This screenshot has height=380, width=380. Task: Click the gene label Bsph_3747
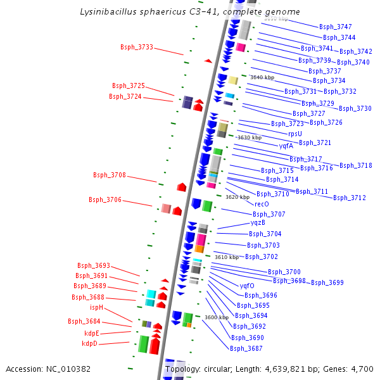pyautogui.click(x=336, y=27)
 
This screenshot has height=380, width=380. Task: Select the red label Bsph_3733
pyautogui.click(x=137, y=47)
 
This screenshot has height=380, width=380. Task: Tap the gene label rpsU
pyautogui.click(x=295, y=134)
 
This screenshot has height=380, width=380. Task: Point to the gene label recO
pyautogui.click(x=262, y=204)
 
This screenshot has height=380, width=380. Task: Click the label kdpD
pyautogui.click(x=90, y=344)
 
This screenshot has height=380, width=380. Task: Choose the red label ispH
pyautogui.click(x=96, y=308)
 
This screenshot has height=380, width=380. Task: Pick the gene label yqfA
pyautogui.click(x=286, y=146)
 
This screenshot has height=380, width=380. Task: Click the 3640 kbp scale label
pyautogui.click(x=262, y=77)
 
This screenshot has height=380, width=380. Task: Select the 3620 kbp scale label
pyautogui.click(x=237, y=197)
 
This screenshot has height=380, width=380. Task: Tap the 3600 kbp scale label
pyautogui.click(x=216, y=317)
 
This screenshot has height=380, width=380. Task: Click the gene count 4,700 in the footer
pyautogui.click(x=362, y=369)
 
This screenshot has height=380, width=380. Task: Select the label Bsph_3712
pyautogui.click(x=350, y=198)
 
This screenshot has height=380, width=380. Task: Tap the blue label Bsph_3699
pyautogui.click(x=327, y=282)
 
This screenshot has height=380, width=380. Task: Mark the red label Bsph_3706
pyautogui.click(x=105, y=199)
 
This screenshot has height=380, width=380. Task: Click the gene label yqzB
pyautogui.click(x=258, y=222)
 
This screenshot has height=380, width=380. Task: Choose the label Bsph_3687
pyautogui.click(x=246, y=348)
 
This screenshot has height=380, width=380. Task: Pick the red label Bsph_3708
pyautogui.click(x=110, y=175)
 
